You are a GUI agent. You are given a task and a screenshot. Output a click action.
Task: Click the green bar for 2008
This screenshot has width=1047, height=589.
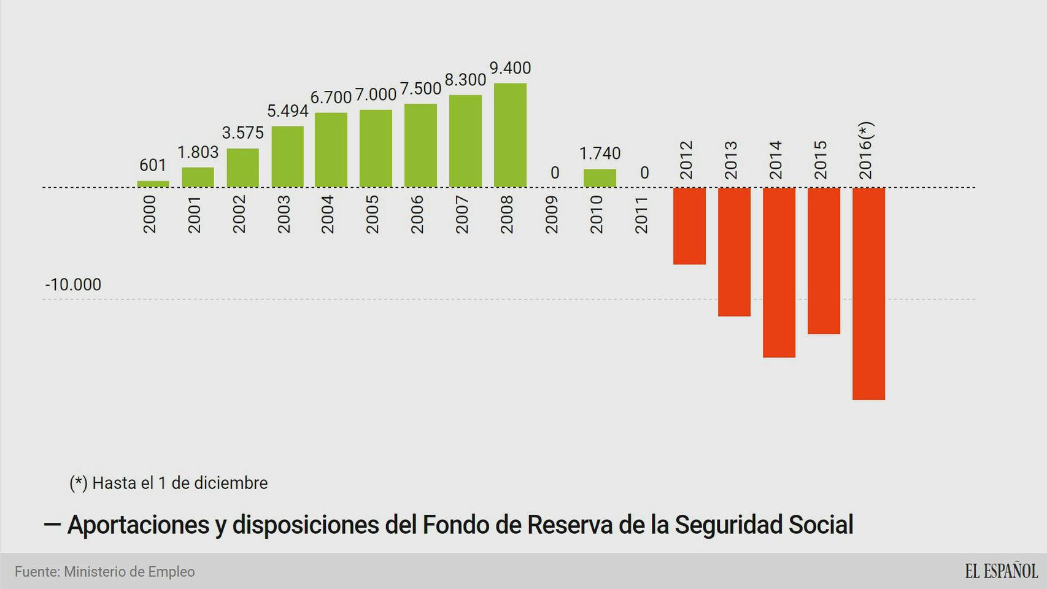[x=510, y=135]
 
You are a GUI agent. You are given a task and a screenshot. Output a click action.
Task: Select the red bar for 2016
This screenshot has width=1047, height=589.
[x=868, y=293]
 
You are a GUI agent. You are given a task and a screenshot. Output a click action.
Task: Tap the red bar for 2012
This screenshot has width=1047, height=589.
[x=689, y=226]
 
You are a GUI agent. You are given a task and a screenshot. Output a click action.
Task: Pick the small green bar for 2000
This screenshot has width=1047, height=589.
[x=153, y=183]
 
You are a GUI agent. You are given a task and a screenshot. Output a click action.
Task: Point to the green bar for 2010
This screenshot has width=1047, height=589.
[x=600, y=178]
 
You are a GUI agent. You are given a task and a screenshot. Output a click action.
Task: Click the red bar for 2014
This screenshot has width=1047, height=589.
[x=779, y=272]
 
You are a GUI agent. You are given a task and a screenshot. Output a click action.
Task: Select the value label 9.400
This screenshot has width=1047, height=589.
[x=510, y=68]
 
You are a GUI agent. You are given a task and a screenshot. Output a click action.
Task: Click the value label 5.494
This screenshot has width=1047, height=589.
[x=287, y=111]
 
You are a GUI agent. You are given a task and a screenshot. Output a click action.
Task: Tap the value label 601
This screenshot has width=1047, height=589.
[x=153, y=165]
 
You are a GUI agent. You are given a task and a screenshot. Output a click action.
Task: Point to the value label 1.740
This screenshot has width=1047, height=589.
[x=600, y=153]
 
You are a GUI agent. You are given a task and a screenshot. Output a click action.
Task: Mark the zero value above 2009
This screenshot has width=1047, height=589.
[x=555, y=173]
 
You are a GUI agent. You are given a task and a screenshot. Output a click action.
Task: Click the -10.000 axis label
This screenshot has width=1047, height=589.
[x=73, y=285]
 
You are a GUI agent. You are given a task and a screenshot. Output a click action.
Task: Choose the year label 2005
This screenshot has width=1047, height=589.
[x=373, y=215]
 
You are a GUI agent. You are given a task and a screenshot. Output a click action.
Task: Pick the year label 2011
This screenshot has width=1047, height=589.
[x=641, y=215]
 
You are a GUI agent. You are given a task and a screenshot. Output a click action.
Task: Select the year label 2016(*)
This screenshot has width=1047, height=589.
[x=865, y=151]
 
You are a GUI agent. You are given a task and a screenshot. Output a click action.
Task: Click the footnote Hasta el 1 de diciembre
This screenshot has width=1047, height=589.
[x=169, y=483]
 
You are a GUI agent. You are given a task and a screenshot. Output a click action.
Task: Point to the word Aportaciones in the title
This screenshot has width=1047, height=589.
[x=138, y=525]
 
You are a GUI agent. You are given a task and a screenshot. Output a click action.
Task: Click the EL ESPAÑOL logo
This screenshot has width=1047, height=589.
[x=1000, y=571]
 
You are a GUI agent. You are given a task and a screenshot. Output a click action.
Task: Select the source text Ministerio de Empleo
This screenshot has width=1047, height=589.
[x=129, y=572]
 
